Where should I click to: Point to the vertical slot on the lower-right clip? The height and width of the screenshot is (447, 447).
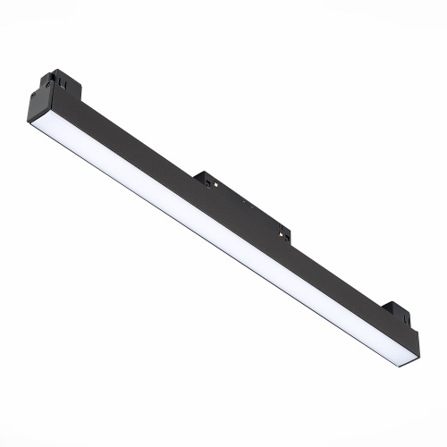(x=396, y=313)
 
